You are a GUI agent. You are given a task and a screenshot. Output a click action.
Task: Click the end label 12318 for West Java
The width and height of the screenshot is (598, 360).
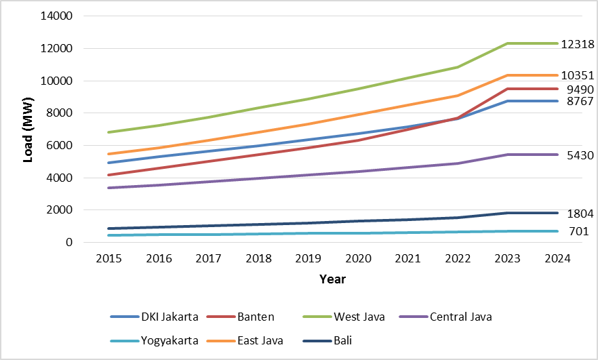578,45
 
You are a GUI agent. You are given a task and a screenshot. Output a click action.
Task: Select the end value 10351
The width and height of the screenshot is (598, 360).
578,75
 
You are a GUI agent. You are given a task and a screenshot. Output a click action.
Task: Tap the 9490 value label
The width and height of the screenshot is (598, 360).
580,89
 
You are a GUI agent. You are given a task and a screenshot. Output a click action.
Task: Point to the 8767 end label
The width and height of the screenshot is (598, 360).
580,102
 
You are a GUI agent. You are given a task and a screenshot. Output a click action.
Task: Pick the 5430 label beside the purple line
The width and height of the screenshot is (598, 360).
580,155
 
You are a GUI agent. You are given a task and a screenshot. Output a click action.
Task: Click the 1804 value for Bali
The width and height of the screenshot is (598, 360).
580,214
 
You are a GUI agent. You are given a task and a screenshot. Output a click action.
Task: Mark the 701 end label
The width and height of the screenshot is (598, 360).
578,232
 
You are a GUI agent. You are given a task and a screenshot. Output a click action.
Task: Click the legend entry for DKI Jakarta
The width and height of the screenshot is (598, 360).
169,317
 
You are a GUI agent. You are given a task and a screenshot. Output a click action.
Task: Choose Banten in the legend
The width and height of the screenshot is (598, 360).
256,317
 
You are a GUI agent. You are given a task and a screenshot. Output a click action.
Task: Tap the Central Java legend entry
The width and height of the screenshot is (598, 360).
460,317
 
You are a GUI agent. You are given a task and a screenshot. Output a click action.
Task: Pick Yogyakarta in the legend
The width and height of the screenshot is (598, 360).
170,340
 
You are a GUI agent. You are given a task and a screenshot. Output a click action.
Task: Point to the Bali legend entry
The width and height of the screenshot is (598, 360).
352,340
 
